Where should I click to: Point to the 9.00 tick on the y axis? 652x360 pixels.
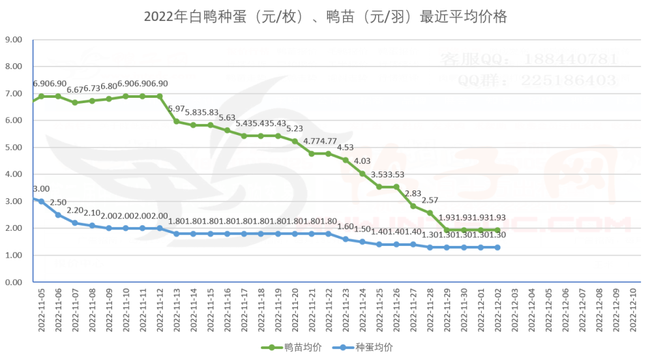(x=14, y=40)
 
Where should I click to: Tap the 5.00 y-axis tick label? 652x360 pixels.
(x=14, y=147)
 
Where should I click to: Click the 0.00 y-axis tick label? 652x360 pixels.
(x=14, y=282)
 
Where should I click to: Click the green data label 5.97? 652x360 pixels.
(x=176, y=109)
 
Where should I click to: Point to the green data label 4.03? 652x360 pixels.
(x=363, y=161)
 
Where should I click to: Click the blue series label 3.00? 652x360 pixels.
(x=41, y=189)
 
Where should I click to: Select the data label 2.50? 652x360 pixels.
(x=58, y=203)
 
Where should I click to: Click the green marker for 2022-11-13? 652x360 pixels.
(x=177, y=121)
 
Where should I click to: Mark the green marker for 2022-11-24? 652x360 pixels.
(x=363, y=173)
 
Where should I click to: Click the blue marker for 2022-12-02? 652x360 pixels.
(x=498, y=247)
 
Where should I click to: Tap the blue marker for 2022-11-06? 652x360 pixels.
(x=58, y=215)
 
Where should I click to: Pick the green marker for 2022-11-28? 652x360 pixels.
(x=430, y=213)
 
